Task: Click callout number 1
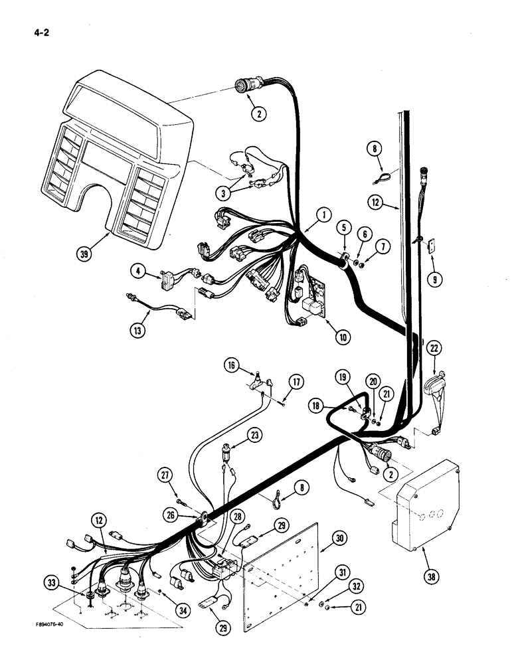tap(323, 214)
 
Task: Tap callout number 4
tap(137, 271)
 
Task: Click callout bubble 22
tap(434, 348)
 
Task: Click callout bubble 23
tap(237, 436)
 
